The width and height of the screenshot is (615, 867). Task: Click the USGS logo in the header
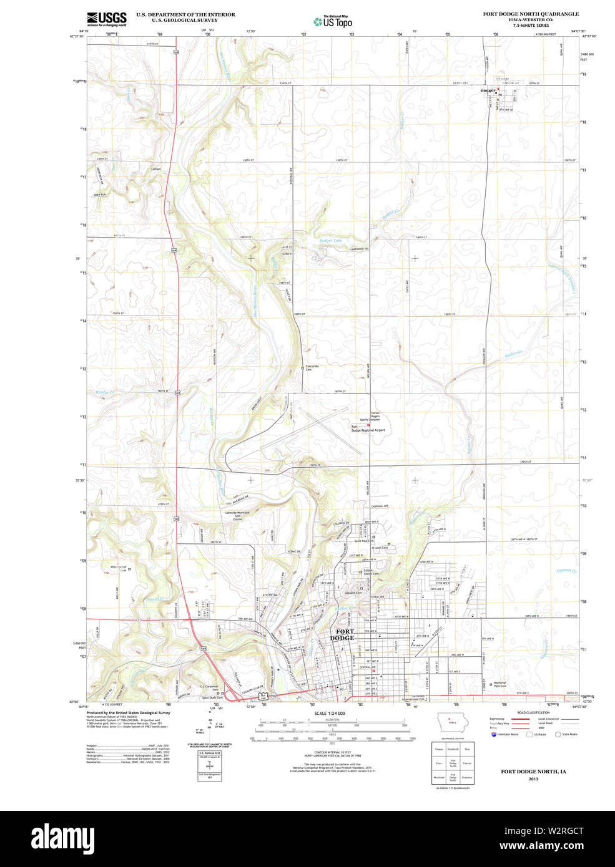click(x=107, y=18)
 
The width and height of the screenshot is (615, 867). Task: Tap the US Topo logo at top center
click(x=333, y=22)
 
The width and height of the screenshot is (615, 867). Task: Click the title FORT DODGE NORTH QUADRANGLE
click(x=530, y=14)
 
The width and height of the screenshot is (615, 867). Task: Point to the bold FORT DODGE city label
click(x=342, y=635)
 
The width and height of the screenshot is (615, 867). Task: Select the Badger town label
click(x=488, y=90)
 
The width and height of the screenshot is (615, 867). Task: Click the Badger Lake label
click(x=330, y=240)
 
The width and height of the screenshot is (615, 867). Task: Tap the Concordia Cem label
click(x=312, y=368)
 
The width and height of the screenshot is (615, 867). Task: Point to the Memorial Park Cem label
click(x=500, y=684)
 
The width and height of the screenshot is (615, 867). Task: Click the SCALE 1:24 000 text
click(x=330, y=713)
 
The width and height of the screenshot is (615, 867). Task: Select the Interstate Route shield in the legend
click(x=496, y=734)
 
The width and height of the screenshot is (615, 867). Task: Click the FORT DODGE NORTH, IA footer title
click(x=533, y=772)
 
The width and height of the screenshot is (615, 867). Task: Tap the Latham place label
click(x=155, y=169)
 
